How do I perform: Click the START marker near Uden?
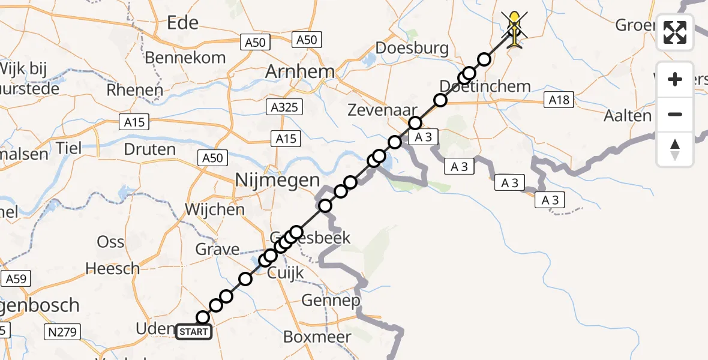tap(194, 332)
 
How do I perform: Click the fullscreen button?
tap(675, 32)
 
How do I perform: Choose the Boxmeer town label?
tap(317, 337)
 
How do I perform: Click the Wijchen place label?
tap(215, 210)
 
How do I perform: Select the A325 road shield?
tap(285, 107)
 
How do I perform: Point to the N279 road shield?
tap(63, 331)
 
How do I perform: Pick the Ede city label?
tap(183, 23)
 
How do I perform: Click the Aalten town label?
tap(628, 116)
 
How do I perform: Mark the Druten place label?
tap(149, 149)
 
